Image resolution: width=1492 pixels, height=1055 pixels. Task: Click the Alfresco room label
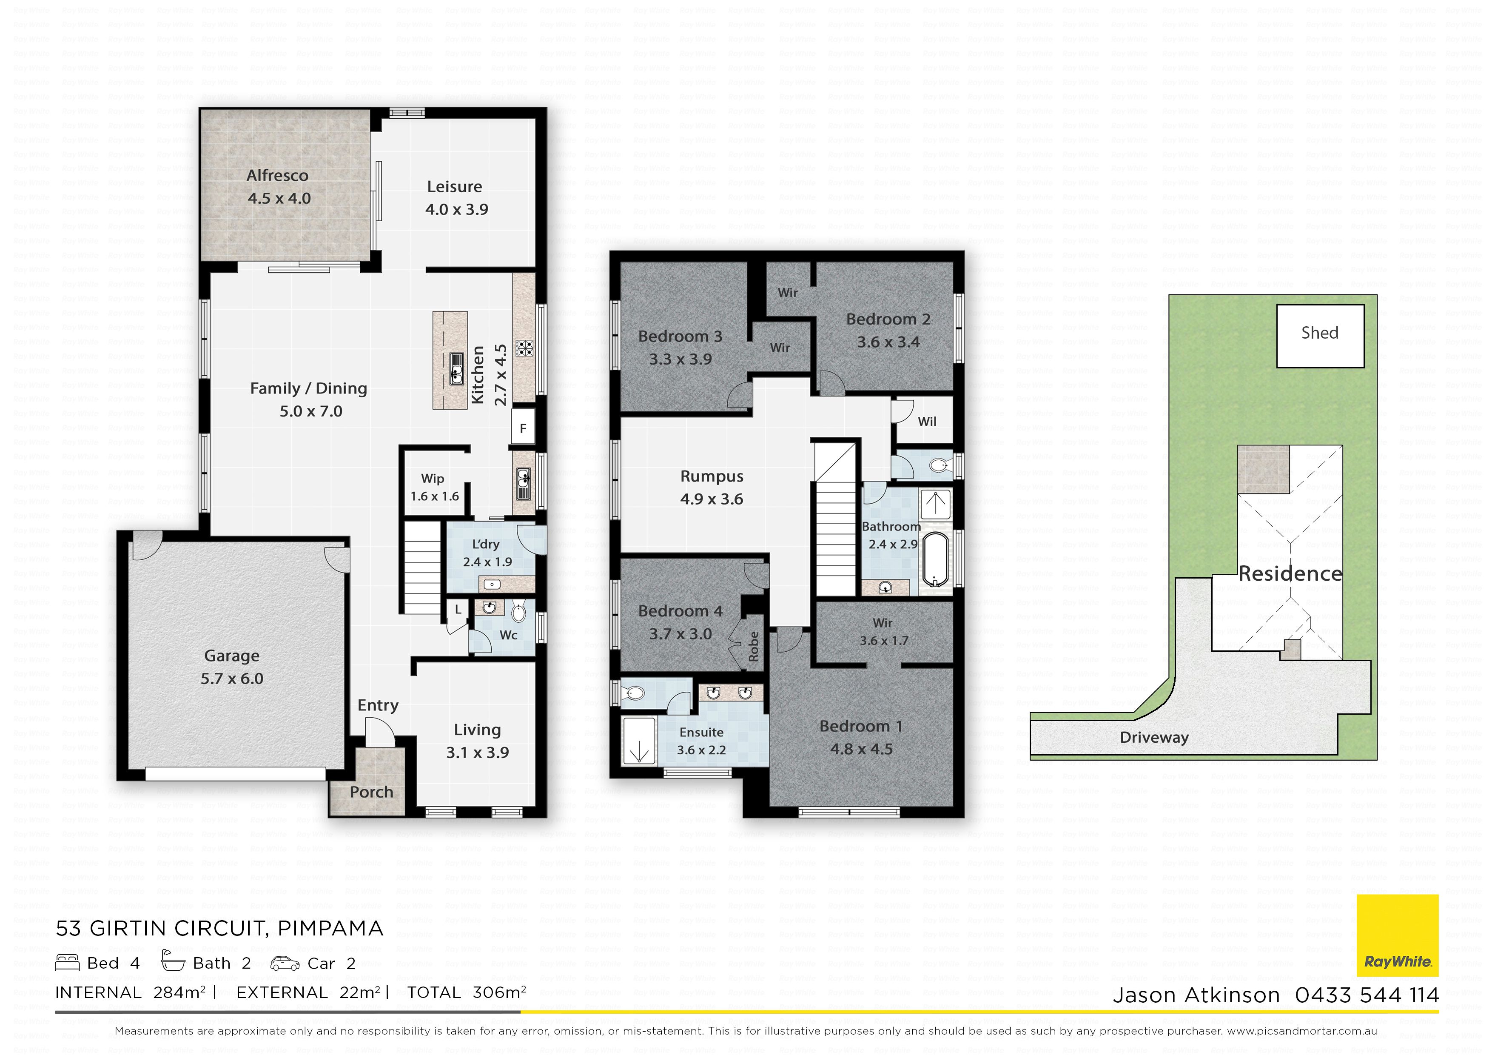(x=277, y=176)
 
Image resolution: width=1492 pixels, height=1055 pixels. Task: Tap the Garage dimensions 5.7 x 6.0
(x=232, y=679)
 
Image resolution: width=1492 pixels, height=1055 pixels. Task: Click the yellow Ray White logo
(x=1397, y=935)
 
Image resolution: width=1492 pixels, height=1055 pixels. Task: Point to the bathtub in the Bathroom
(x=936, y=560)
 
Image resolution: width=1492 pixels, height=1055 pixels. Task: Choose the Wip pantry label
(x=433, y=479)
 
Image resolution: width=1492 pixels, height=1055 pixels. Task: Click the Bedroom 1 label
(x=861, y=726)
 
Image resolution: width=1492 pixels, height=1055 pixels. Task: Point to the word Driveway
(x=1154, y=738)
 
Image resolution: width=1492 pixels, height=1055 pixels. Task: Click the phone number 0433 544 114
(x=1367, y=995)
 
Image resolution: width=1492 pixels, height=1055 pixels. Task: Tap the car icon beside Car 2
(x=285, y=964)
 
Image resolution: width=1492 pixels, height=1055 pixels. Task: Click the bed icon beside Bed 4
(x=67, y=963)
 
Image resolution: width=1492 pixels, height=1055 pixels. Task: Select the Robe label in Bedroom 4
(x=754, y=646)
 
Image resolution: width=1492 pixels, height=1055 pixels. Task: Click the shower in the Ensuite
(x=639, y=740)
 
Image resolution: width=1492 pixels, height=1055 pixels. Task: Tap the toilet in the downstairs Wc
(x=518, y=613)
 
